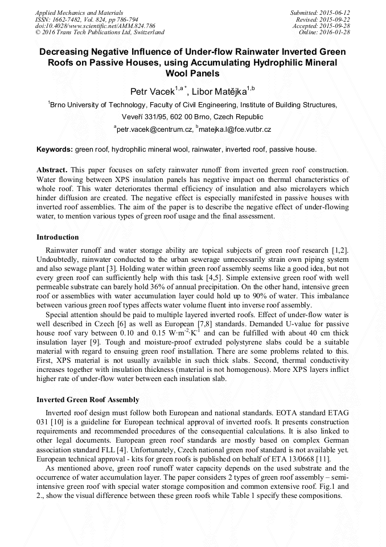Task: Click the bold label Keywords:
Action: tap(55, 149)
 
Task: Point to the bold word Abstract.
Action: tap(52, 170)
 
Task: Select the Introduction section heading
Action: tap(58, 237)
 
